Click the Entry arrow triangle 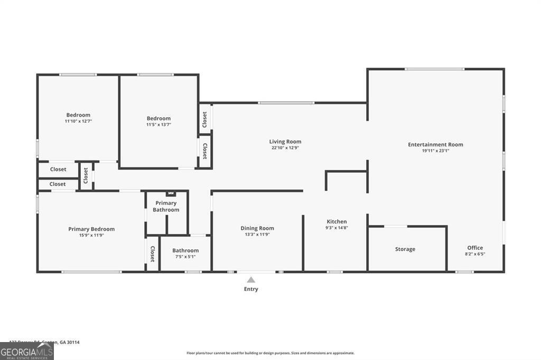point(251,280)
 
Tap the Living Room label point(285,141)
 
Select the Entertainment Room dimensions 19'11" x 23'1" point(435,151)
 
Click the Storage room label point(405,249)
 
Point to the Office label point(475,248)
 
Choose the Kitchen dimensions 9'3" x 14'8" point(337,228)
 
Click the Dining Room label point(257,228)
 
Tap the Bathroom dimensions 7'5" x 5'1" point(185,257)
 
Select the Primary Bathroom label point(166,206)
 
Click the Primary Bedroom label point(91,229)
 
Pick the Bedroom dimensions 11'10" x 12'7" point(78,121)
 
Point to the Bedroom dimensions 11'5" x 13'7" point(158,125)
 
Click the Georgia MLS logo point(27,351)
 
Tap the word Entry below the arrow point(251,289)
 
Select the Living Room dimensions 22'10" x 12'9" point(285,148)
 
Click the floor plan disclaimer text point(270,353)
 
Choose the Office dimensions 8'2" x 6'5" point(475,254)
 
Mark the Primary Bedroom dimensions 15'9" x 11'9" point(91,235)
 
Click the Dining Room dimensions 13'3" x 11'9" point(257,234)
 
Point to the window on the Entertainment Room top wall point(434,69)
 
